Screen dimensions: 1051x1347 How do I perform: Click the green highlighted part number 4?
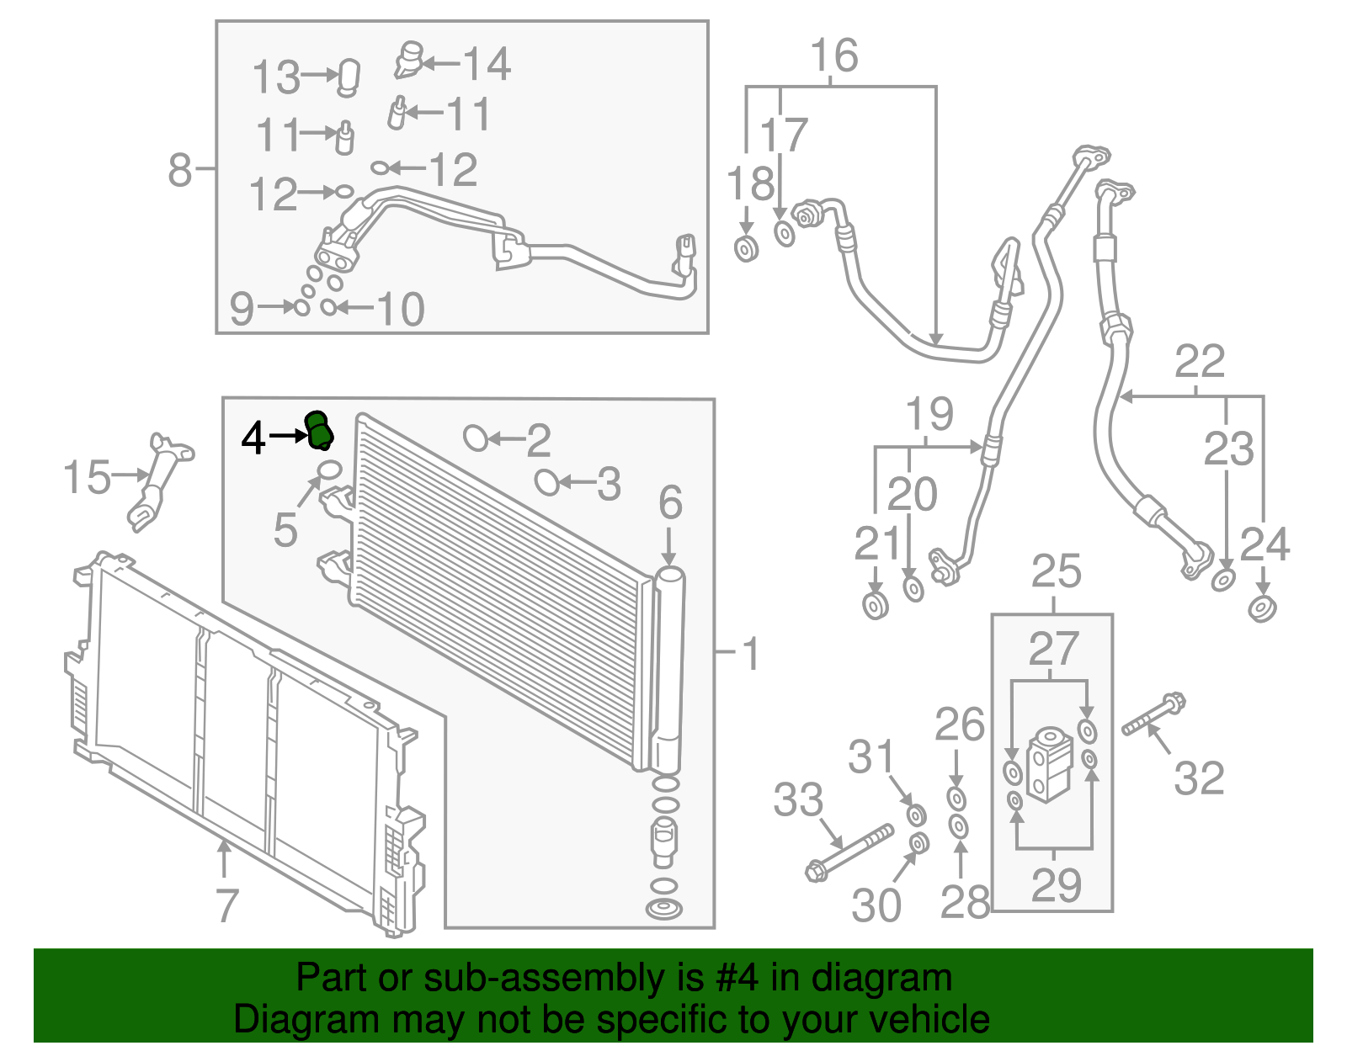(x=319, y=431)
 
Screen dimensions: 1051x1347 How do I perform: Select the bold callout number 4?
(x=253, y=438)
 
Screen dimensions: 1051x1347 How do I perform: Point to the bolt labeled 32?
(x=1154, y=715)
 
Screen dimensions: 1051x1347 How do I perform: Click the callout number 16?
(x=833, y=56)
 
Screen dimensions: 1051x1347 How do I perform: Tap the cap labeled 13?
(x=349, y=76)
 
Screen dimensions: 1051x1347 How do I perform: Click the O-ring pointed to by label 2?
(x=476, y=438)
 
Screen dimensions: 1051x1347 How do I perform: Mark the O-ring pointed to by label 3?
(x=546, y=482)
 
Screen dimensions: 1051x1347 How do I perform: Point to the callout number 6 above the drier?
(x=670, y=503)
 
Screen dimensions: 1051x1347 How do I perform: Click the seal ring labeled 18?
(x=746, y=249)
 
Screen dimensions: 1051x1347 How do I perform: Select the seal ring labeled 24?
(x=1260, y=608)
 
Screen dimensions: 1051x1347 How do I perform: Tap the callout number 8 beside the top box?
(x=180, y=169)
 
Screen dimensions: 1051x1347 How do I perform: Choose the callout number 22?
(x=1199, y=362)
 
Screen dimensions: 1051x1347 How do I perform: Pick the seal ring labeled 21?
(x=876, y=605)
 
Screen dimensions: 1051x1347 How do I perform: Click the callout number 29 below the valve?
(x=1056, y=885)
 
